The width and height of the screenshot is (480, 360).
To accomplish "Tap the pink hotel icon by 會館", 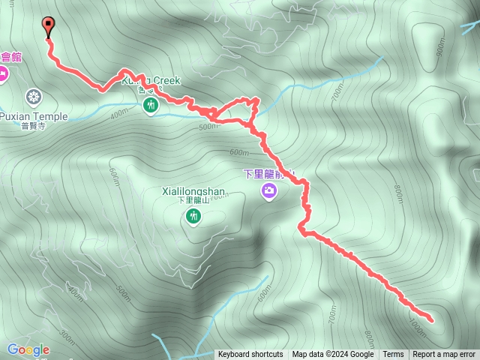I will (x=2, y=73).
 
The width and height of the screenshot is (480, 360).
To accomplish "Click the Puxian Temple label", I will (x=34, y=116).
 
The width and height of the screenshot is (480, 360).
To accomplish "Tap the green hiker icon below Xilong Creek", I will (x=151, y=105).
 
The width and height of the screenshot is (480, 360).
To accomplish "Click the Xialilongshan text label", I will (x=193, y=191).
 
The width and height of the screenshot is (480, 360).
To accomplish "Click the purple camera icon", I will (x=268, y=192).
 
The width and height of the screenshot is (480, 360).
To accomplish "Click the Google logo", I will (x=28, y=349).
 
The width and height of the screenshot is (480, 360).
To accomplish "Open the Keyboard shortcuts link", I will (x=250, y=355).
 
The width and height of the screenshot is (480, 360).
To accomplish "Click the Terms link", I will (x=393, y=355).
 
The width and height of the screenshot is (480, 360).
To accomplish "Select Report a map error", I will (x=444, y=355).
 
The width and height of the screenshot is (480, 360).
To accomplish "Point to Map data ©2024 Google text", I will (x=333, y=355).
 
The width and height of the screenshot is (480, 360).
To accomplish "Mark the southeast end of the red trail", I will (x=432, y=320).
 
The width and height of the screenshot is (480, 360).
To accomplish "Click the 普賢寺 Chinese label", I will (x=34, y=127).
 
